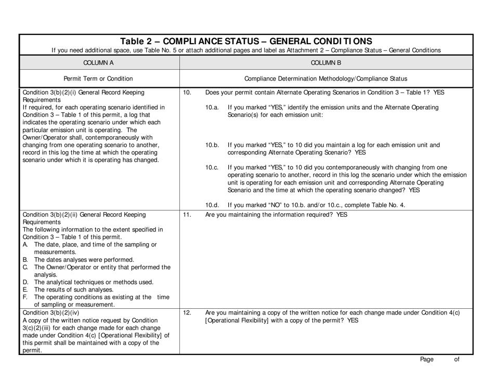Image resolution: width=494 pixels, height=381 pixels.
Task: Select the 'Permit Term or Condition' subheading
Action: coord(98,78)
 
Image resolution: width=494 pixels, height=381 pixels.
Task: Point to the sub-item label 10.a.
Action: coord(212,108)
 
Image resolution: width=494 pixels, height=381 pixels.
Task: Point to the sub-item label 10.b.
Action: coord(213,145)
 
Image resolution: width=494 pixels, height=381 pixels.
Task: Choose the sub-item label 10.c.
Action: coord(212,167)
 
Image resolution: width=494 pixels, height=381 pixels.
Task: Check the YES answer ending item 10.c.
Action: coord(413,190)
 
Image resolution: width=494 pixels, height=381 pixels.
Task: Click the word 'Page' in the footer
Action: coord(426,359)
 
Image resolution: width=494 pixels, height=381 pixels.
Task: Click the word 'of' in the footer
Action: coord(457,359)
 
